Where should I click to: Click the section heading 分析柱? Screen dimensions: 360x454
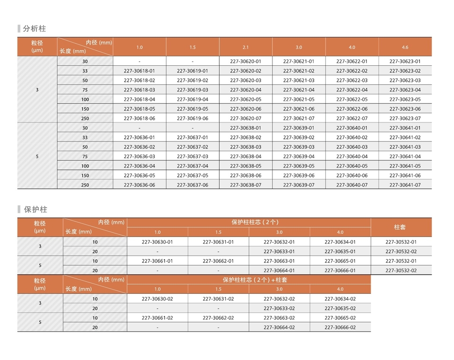click(35, 29)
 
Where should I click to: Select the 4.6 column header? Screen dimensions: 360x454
click(405, 47)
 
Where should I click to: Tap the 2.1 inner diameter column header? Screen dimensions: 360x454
click(245, 47)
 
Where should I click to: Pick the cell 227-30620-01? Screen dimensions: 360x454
click(245, 61)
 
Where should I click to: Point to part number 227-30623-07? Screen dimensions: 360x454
click(405, 118)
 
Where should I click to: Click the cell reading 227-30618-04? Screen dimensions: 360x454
click(139, 99)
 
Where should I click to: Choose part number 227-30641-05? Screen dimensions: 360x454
click(405, 166)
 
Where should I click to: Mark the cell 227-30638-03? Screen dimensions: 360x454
click(245, 147)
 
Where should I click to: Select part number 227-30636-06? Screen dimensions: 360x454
click(139, 185)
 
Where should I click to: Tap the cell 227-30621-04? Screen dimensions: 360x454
click(298, 90)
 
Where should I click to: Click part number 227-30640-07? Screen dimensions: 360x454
click(352, 185)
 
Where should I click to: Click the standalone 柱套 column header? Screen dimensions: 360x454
click(400, 227)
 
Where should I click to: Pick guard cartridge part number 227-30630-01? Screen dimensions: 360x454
click(157, 242)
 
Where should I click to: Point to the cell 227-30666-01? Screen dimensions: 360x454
click(340, 271)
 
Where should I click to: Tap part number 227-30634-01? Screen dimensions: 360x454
click(340, 242)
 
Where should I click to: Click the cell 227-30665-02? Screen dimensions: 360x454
click(340, 318)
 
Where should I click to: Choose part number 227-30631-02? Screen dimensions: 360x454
click(218, 299)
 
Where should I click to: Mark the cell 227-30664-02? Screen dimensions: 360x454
click(279, 327)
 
